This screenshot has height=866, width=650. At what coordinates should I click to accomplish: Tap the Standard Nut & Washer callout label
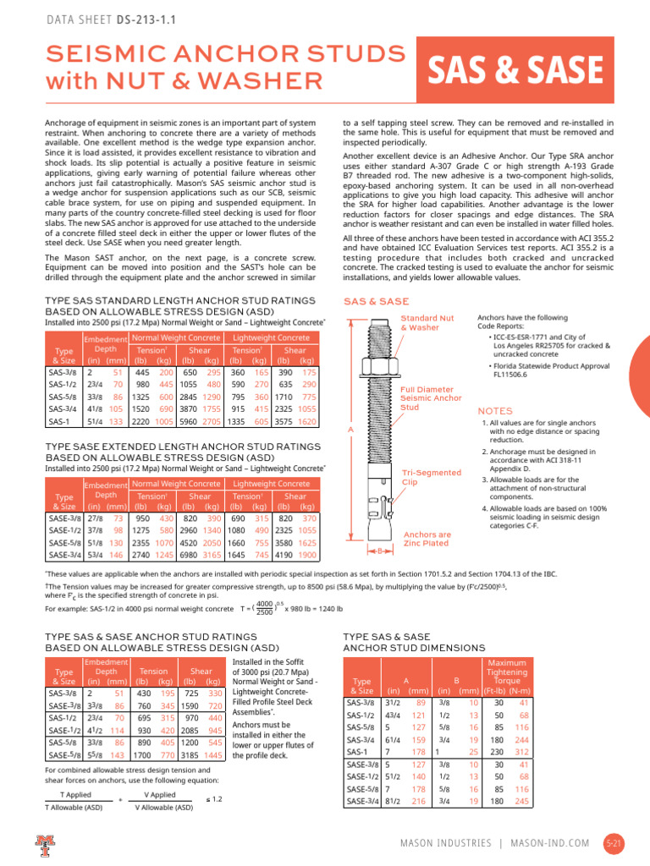click(420, 322)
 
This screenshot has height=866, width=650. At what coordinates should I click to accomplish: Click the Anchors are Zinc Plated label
click(427, 540)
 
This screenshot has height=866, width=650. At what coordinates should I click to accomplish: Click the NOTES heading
click(495, 410)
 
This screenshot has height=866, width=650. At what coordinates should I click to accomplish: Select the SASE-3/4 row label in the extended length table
click(63, 555)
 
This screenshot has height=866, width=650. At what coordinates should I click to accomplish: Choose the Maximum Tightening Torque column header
click(507, 674)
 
